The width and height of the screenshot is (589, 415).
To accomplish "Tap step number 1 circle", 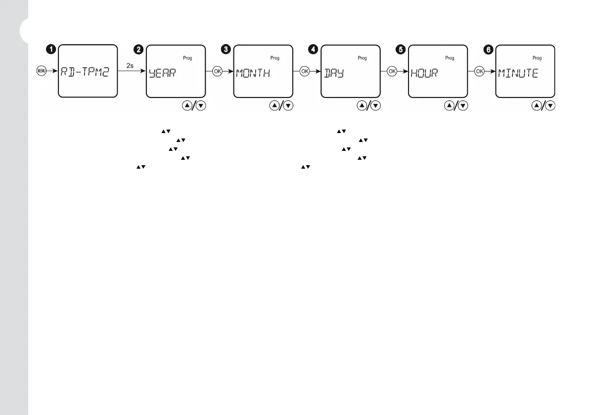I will (50, 49).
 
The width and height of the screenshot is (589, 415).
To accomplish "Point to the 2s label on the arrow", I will (131, 66).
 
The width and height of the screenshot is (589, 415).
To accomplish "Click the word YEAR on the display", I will (162, 74).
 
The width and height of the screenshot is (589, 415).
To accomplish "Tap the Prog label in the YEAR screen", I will (187, 58).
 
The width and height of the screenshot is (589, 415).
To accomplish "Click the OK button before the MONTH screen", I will (217, 71).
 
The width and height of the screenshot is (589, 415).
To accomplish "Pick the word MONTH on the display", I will (253, 74).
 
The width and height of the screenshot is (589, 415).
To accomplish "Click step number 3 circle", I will (227, 49).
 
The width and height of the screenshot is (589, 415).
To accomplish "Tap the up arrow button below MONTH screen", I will (275, 105).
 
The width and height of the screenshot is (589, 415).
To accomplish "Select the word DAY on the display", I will (334, 74).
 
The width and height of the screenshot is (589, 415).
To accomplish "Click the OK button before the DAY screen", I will (305, 71).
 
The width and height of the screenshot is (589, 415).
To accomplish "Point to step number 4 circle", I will (314, 49).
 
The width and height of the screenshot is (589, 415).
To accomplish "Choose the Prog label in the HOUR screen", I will (450, 58).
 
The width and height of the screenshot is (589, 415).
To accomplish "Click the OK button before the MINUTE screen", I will (479, 71).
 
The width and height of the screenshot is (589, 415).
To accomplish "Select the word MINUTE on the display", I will (518, 74).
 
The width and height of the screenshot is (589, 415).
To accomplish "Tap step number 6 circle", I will (489, 49).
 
